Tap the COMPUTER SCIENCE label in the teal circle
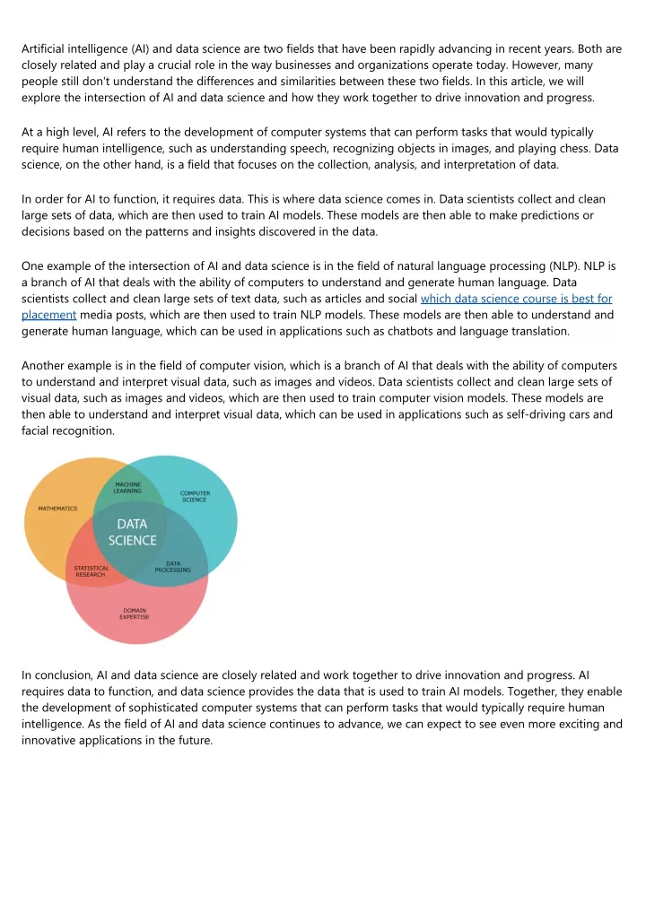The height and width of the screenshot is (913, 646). click(195, 496)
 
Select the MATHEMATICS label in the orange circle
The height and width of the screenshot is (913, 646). click(57, 509)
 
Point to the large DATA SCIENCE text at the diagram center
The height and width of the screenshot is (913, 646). click(133, 532)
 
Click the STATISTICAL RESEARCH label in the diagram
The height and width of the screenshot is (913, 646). click(91, 570)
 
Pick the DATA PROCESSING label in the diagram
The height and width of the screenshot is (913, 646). click(172, 567)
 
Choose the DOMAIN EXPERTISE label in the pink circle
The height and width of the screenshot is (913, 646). click(135, 614)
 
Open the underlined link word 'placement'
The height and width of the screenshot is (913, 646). click(48, 315)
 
